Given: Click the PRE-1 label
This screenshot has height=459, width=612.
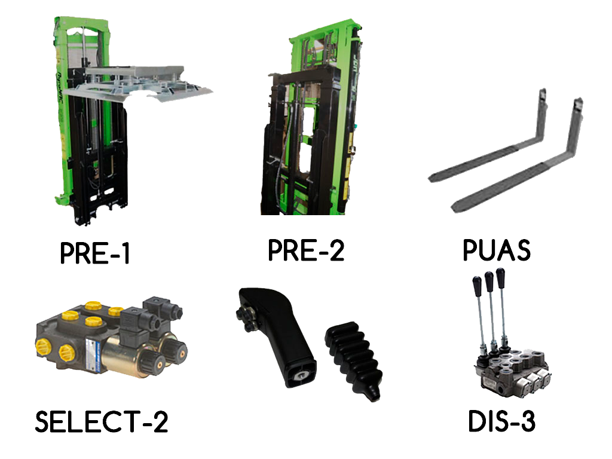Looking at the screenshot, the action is pyautogui.click(x=95, y=253).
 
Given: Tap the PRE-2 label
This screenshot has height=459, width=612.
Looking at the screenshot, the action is pyautogui.click(x=306, y=250).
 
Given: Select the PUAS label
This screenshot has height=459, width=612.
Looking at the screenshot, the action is pyautogui.click(x=497, y=250).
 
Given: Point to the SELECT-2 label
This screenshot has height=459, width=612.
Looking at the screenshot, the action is pyautogui.click(x=102, y=421).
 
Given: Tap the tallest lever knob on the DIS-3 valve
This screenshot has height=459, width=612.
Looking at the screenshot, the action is pyautogui.click(x=500, y=277).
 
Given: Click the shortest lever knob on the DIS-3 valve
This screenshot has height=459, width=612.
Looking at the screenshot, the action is pyautogui.click(x=478, y=286).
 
